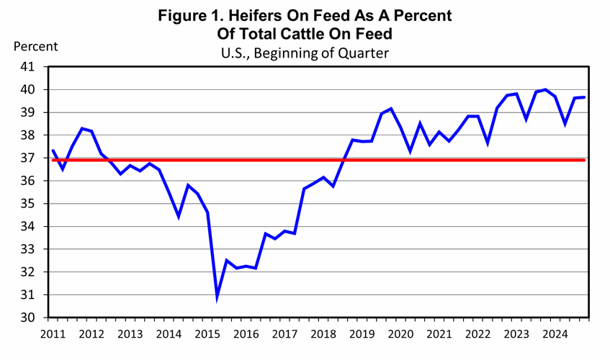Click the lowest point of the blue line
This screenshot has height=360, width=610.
tap(217, 296)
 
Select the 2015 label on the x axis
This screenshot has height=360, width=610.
tap(207, 334)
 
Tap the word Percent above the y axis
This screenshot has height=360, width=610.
tap(36, 46)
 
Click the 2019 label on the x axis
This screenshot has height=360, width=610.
tap(362, 334)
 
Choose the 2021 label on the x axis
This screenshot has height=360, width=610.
tap(440, 334)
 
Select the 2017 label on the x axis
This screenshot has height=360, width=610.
tap(284, 334)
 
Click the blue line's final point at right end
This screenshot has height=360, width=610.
tap(584, 97)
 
